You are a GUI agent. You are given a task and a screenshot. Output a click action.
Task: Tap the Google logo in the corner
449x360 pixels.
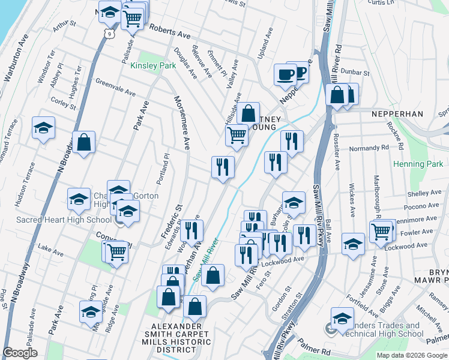(20, 353)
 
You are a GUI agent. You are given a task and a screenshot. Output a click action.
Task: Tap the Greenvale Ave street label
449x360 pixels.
(115, 88)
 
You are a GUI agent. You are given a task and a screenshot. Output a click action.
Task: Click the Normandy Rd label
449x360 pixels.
(369, 148)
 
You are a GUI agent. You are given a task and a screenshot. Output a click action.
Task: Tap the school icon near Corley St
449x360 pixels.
(43, 128)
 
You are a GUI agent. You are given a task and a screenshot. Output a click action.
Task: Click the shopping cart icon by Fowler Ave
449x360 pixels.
(382, 230)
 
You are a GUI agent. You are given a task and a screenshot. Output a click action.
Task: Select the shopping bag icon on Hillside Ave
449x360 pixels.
(248, 112)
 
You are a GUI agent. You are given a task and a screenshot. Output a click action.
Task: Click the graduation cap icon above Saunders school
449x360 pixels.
(342, 318)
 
